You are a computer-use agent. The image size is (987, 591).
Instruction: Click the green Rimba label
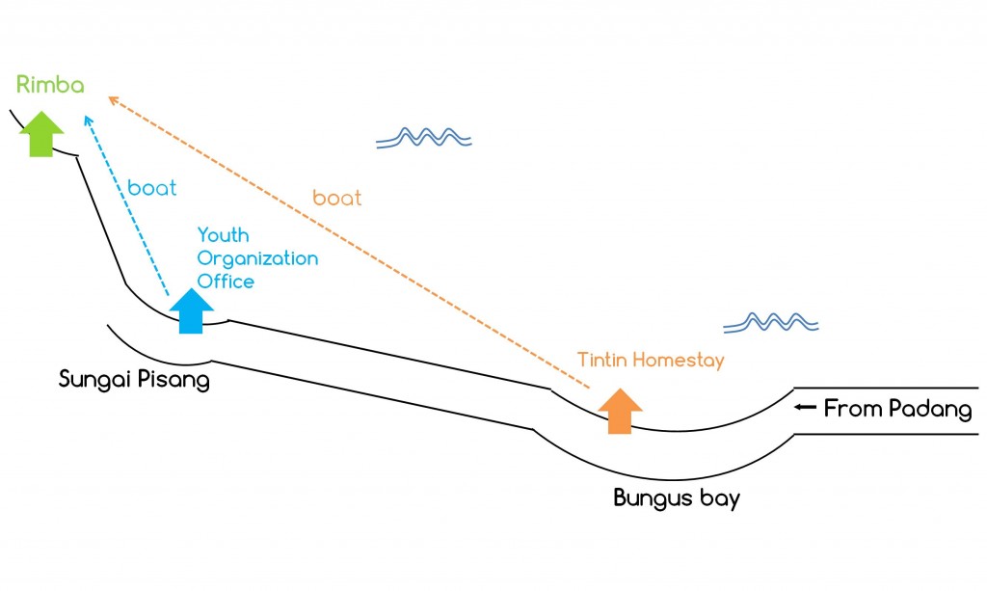[50, 85]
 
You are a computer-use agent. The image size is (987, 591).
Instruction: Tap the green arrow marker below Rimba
[41, 133]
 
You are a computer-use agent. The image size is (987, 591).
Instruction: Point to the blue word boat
[152, 188]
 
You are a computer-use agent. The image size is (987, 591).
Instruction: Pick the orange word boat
[337, 199]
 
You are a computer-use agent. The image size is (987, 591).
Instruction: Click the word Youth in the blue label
[223, 235]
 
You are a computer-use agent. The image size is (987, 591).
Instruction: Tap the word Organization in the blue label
[257, 258]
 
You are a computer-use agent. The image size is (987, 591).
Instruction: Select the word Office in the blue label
[226, 282]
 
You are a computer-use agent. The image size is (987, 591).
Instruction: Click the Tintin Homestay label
[651, 360]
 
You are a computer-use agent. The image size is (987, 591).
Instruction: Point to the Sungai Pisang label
[134, 378]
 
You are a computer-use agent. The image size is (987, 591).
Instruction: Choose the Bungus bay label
[677, 498]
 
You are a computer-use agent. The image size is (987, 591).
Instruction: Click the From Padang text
[897, 409]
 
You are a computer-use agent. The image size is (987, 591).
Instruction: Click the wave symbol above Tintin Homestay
[771, 321]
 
